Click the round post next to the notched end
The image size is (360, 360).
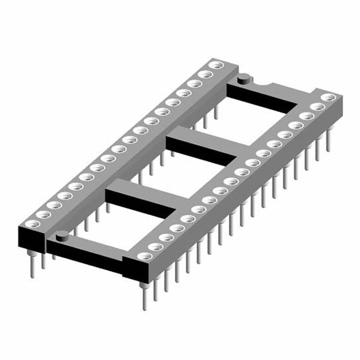[243, 79]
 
